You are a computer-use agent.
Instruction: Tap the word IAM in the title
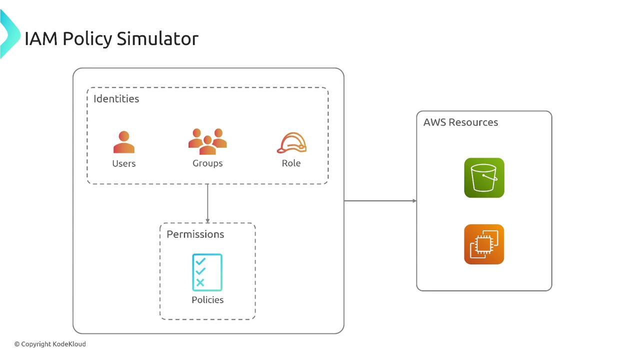[41, 38]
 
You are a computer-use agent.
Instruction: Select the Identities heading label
[116, 98]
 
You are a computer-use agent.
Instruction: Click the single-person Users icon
[124, 142]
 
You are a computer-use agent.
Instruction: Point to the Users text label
[124, 163]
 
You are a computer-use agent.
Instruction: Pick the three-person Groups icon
[207, 141]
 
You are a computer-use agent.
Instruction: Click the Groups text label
[207, 163]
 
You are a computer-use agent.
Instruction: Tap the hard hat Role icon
[291, 143]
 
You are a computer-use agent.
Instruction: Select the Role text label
[291, 163]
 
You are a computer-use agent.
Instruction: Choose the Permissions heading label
[195, 234]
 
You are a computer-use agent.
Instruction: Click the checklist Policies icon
[207, 272]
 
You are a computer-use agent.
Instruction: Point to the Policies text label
[207, 300]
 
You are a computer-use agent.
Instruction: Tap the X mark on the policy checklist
[200, 283]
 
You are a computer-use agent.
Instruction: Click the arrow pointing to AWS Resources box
[380, 201]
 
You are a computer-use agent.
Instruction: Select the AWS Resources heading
[460, 122]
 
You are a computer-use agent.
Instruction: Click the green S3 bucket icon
[484, 178]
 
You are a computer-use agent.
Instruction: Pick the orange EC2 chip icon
[484, 244]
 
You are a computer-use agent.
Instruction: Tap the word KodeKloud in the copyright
[69, 344]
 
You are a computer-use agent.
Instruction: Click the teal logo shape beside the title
[9, 35]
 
